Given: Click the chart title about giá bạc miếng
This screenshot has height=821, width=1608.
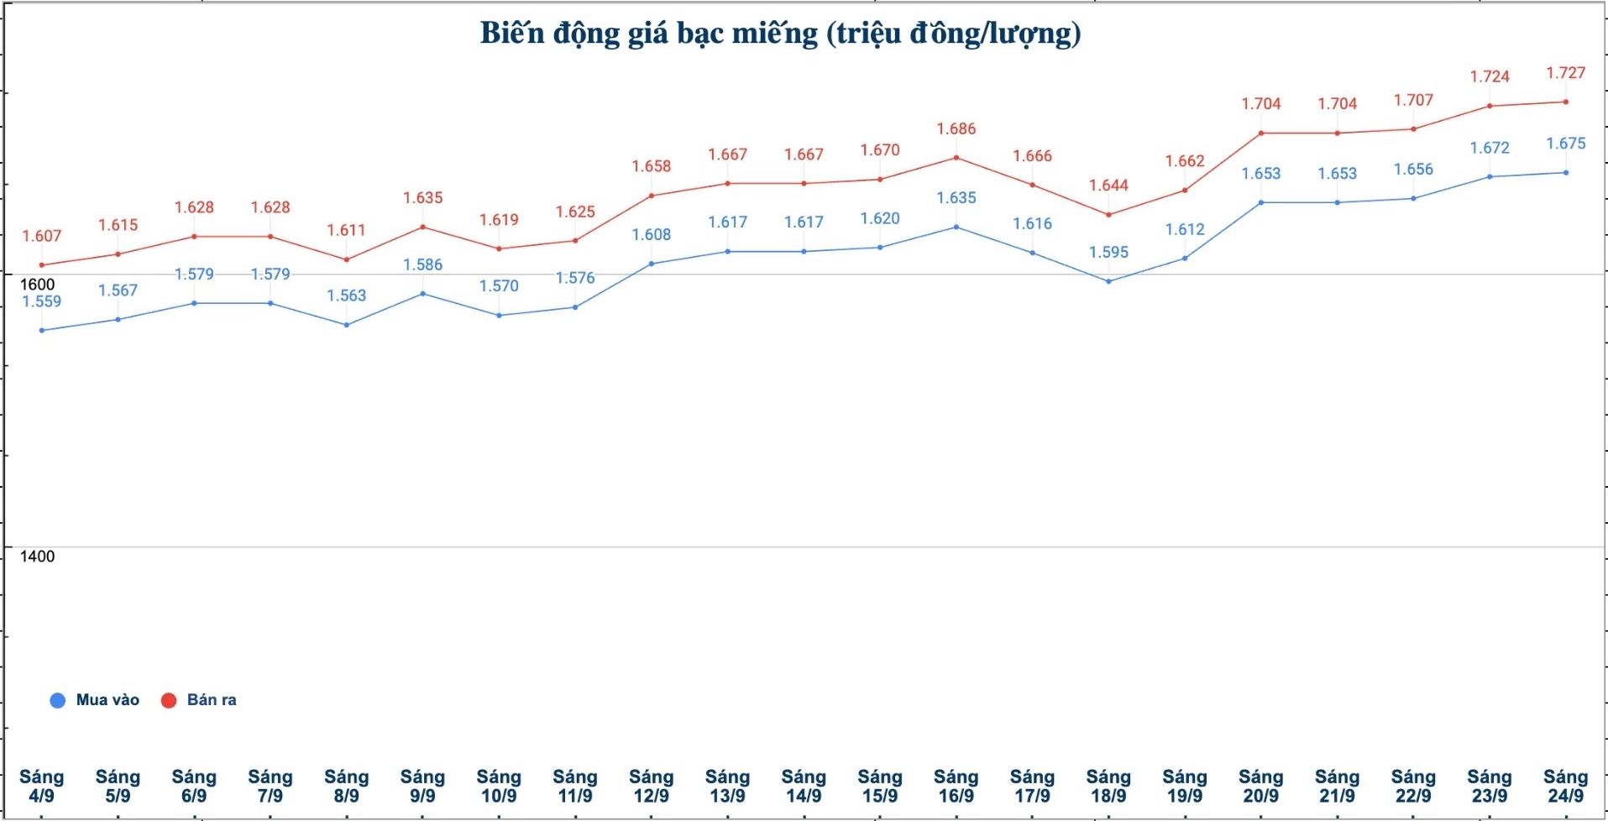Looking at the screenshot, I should [780, 34].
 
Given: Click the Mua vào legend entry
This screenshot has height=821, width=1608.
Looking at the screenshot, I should [95, 700].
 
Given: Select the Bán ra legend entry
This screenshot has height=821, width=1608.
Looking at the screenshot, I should [199, 700].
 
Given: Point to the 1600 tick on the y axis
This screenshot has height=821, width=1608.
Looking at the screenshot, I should [37, 285].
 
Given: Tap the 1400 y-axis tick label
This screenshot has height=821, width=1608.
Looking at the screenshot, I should [37, 557].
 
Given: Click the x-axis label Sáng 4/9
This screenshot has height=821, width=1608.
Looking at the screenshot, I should [42, 787].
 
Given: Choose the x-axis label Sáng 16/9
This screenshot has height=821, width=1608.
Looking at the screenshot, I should [956, 787].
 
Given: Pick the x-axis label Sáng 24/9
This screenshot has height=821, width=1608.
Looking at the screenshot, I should [1565, 787].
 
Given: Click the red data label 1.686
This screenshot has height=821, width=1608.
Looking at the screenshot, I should [956, 129].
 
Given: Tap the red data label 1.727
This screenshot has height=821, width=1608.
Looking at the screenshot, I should [1565, 73].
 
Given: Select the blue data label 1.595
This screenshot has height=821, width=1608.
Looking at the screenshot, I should [1108, 253].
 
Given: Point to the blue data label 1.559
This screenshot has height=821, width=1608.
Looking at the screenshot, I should [42, 302].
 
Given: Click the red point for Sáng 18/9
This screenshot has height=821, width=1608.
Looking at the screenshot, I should [1108, 215].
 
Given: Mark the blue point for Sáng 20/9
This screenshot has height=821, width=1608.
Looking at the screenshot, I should [1261, 202].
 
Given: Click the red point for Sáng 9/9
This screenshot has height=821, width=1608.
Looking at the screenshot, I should [422, 227].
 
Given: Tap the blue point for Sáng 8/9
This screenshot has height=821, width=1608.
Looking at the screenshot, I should [347, 325].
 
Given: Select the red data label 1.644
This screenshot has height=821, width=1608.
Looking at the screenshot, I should [1108, 186].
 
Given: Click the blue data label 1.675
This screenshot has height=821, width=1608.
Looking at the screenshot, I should [1565, 144].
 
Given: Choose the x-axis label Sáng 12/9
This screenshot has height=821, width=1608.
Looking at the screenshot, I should [651, 787].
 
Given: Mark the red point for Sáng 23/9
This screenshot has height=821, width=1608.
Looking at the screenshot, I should [1490, 106].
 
